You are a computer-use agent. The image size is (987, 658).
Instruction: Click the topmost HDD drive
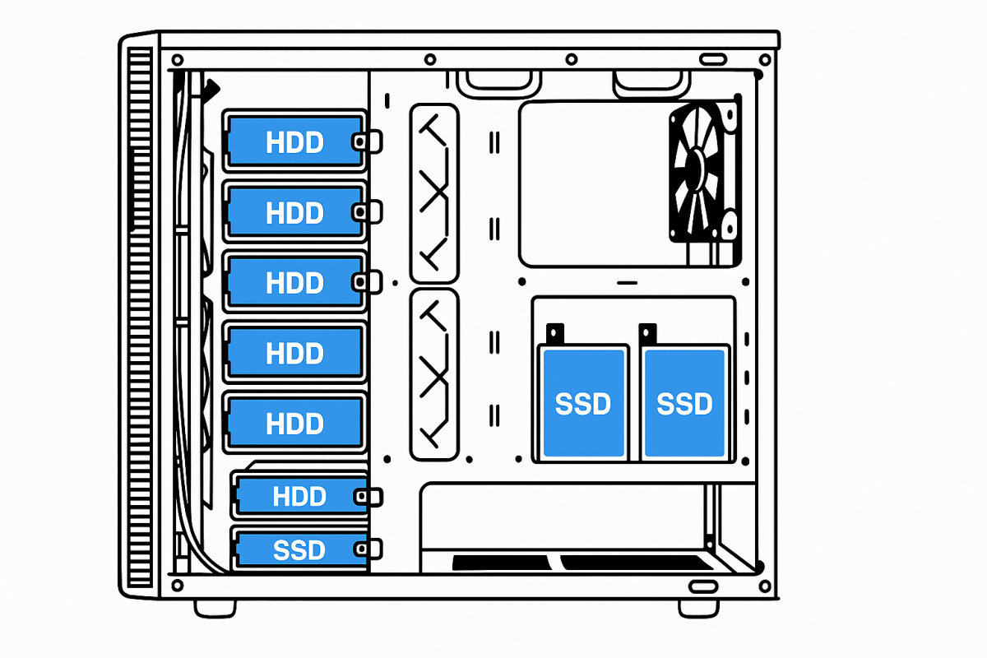point(294,141)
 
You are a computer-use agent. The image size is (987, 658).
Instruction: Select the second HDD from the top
point(294,212)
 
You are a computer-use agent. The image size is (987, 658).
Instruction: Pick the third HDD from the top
point(294,282)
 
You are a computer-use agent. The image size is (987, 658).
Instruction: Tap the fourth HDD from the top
point(294,353)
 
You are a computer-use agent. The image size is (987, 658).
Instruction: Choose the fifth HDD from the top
point(294,423)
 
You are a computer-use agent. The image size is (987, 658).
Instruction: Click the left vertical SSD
point(582,403)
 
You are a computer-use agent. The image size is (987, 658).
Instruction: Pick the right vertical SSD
point(684,403)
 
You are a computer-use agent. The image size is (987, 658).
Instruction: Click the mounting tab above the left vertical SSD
point(555,333)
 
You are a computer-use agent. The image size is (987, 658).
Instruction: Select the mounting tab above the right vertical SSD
point(649,333)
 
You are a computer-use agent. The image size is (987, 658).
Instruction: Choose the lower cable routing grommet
point(433,374)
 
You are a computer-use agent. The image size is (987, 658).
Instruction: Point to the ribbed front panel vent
point(140,321)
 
